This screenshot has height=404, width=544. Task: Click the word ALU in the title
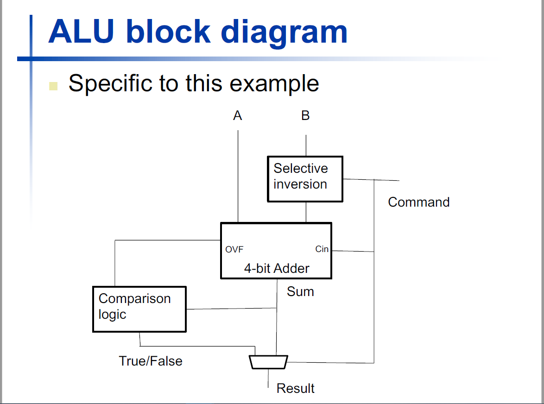82,32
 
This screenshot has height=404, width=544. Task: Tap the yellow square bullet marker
53,86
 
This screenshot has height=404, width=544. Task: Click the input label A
238,115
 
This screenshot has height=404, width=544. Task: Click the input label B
305,115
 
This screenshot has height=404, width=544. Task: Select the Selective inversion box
305,179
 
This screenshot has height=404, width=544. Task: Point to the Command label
418,202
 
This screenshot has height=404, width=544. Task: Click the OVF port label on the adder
234,250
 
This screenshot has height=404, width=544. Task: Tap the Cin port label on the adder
322,249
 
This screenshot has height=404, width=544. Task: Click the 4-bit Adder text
277,268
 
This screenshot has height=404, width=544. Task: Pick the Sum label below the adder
300,291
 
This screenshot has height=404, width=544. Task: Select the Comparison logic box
139,309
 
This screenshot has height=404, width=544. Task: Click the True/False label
151,361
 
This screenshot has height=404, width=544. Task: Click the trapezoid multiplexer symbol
269,362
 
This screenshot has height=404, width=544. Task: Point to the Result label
295,388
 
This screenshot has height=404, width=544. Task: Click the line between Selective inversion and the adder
305,212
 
